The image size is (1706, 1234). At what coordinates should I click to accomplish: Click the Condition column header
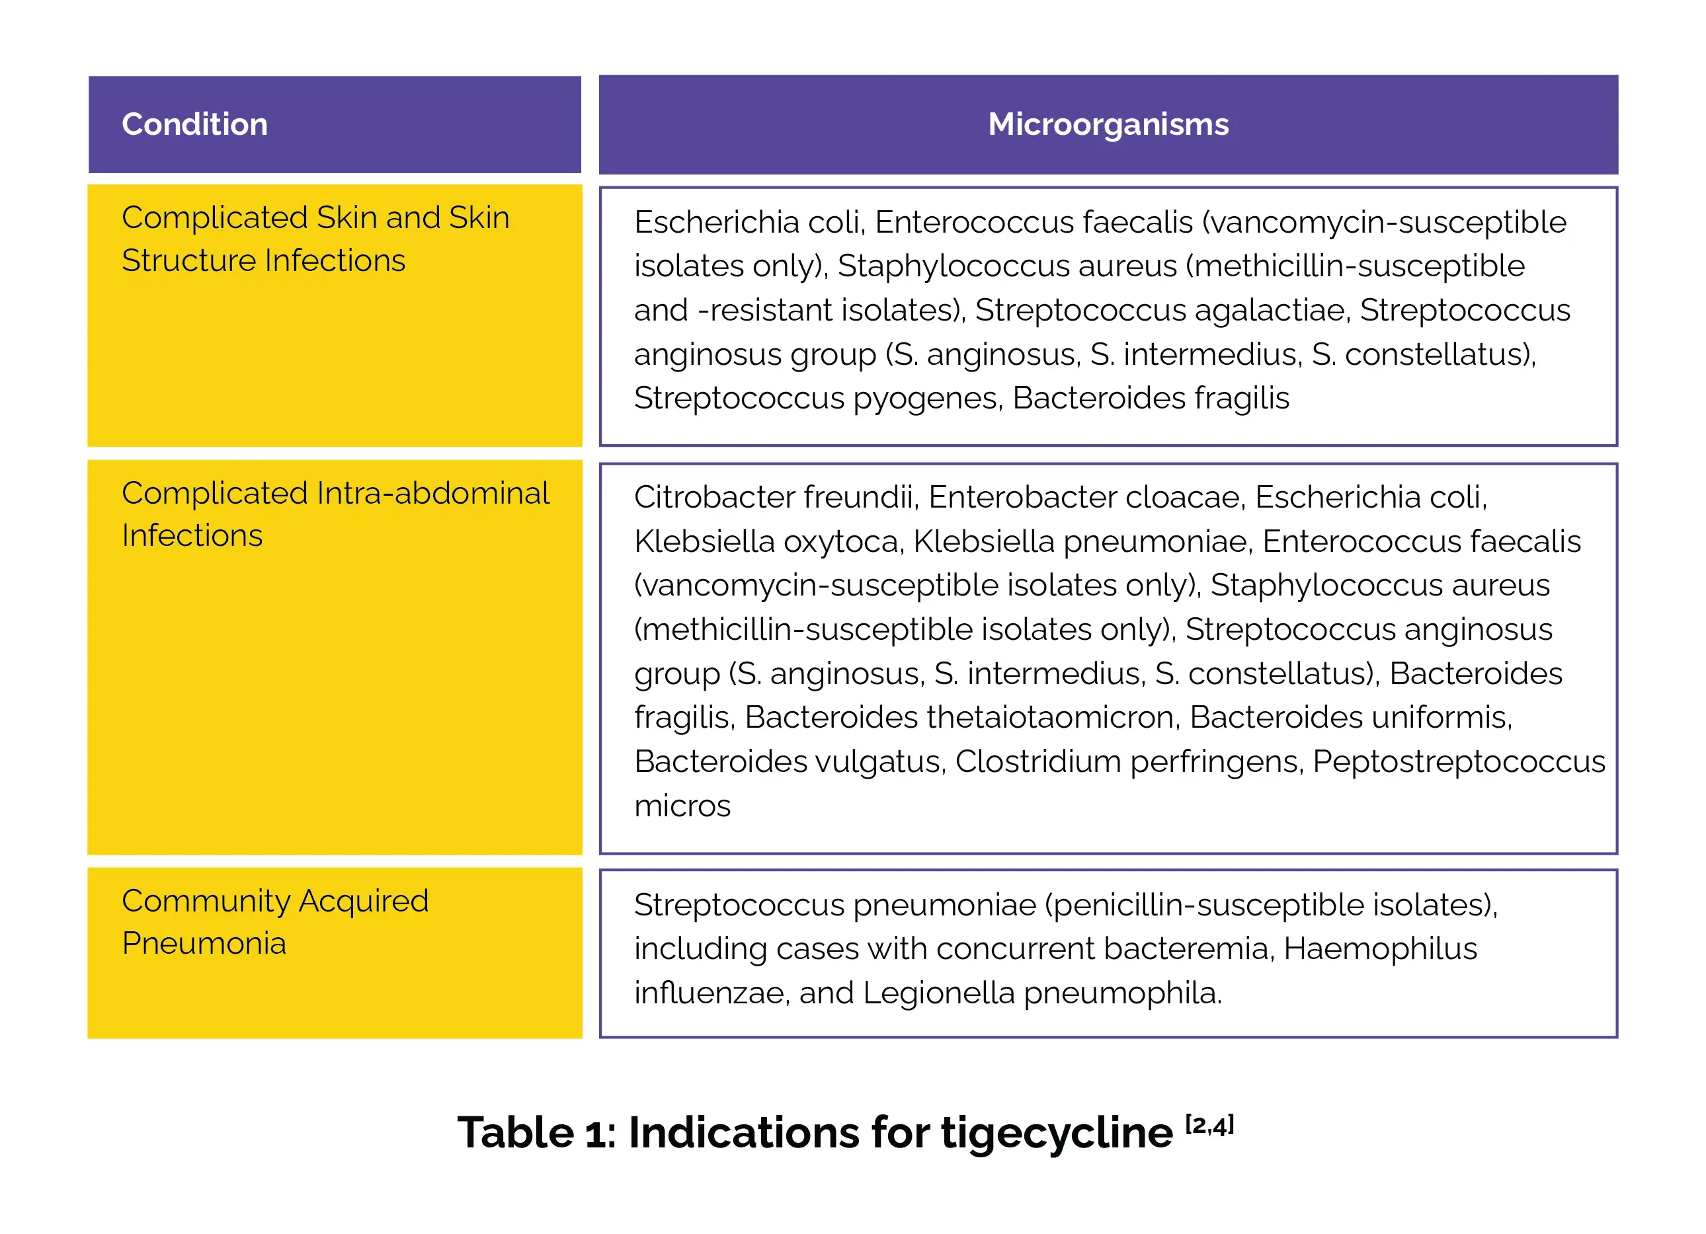click(x=195, y=124)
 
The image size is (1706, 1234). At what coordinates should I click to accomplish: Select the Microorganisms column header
click(x=1108, y=124)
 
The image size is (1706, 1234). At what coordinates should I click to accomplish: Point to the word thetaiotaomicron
click(x=1051, y=717)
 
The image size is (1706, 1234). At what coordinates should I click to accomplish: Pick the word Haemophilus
click(x=1379, y=949)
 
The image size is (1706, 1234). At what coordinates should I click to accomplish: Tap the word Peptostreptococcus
click(x=1459, y=762)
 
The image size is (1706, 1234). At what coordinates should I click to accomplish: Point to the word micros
click(x=682, y=806)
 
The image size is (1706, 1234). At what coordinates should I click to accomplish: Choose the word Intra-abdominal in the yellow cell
click(x=433, y=493)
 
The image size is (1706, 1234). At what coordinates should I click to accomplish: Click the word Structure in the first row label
click(x=189, y=261)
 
